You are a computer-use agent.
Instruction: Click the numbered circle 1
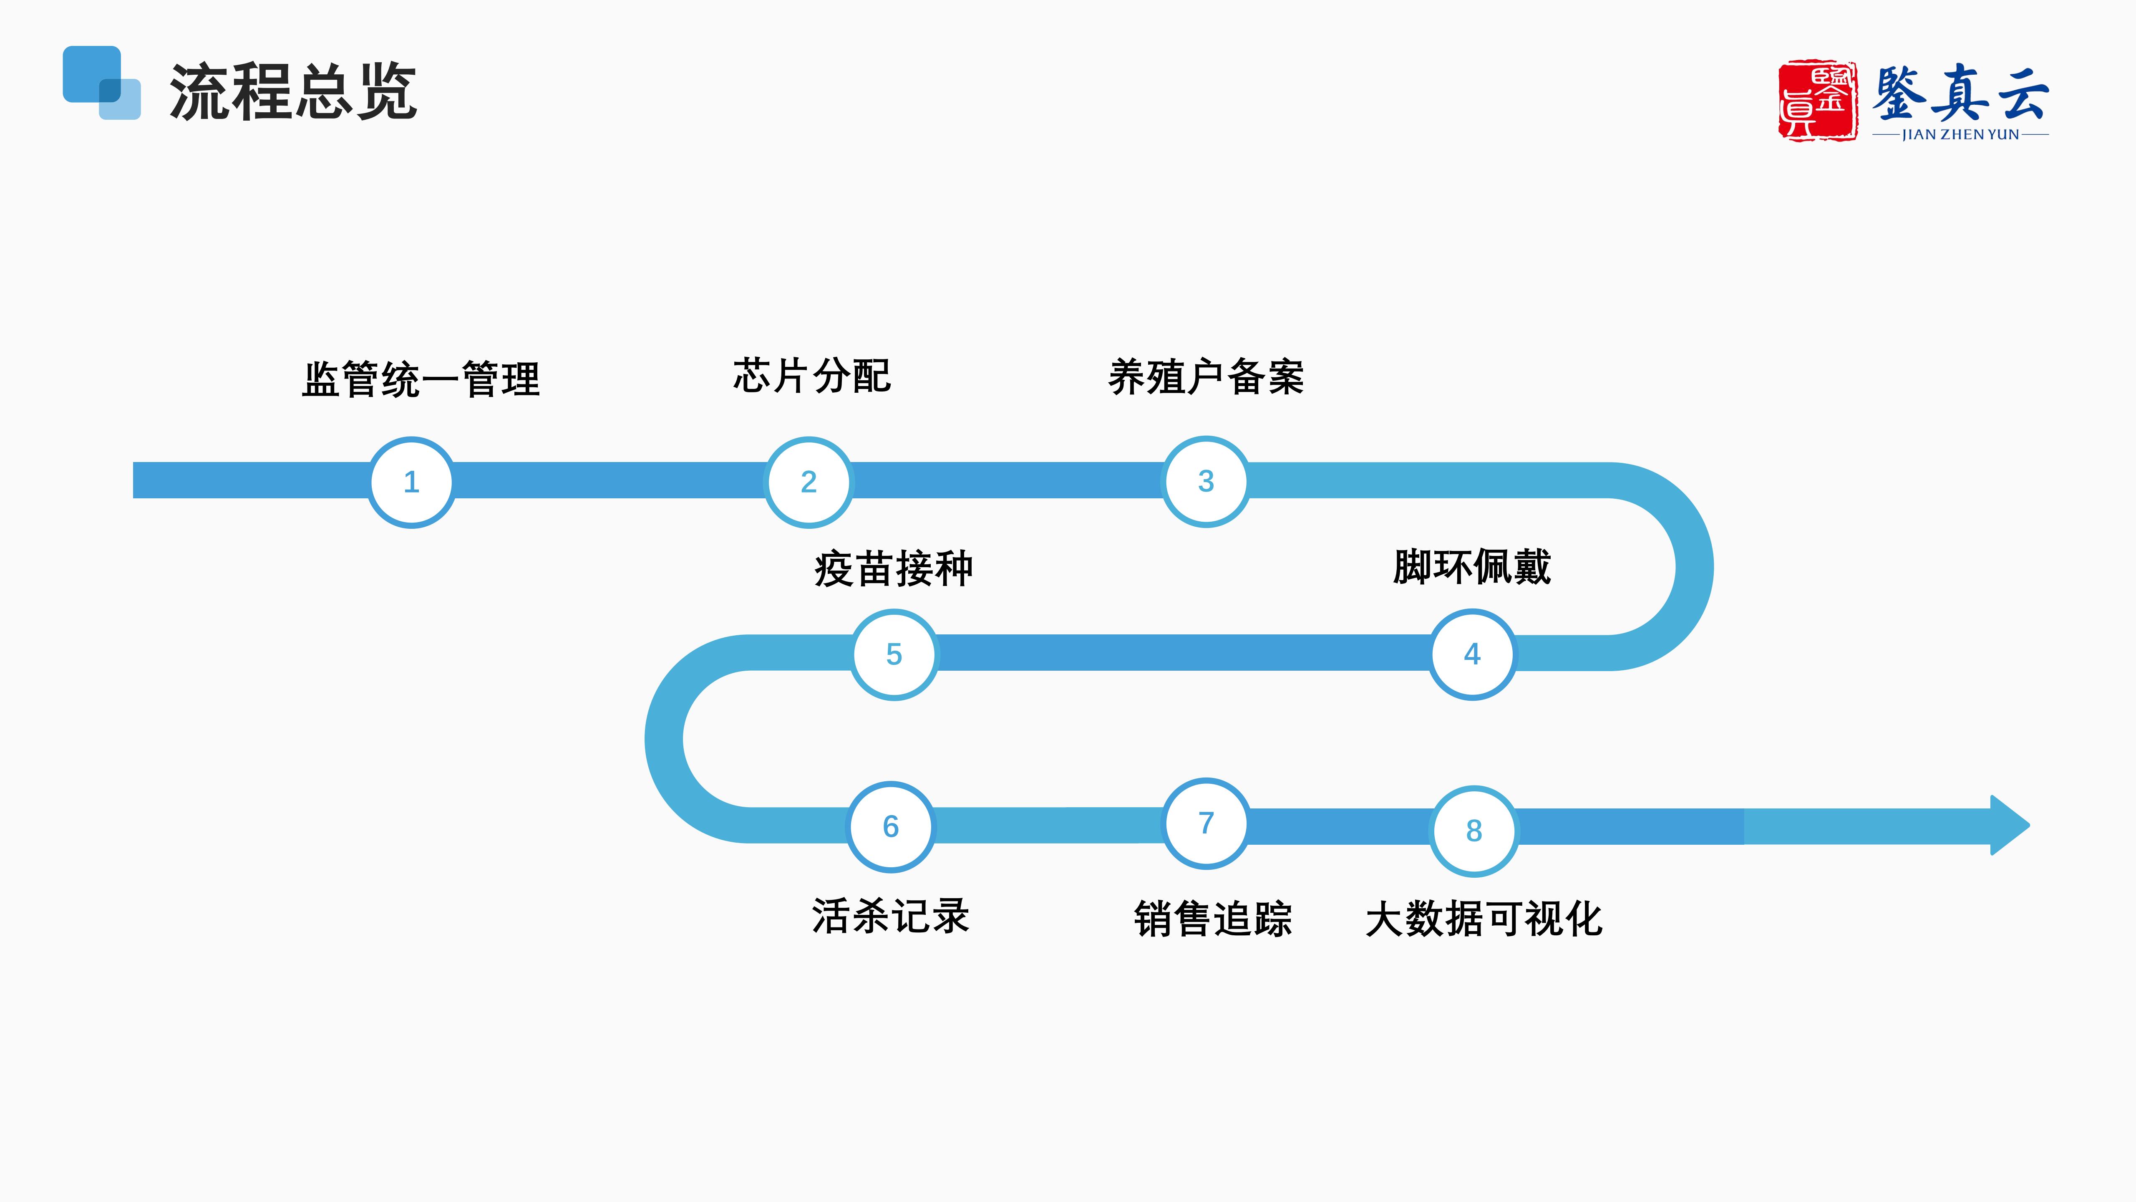pyautogui.click(x=411, y=482)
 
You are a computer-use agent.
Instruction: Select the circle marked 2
pyautogui.click(x=809, y=482)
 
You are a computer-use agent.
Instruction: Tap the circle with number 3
pyautogui.click(x=1206, y=481)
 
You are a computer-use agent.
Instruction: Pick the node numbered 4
pyautogui.click(x=1472, y=654)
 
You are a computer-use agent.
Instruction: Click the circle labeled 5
pyautogui.click(x=894, y=654)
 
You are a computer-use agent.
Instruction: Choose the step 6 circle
pyautogui.click(x=891, y=826)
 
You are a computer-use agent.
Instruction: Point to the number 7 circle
pyautogui.click(x=1206, y=823)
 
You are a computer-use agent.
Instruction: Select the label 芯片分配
pyautogui.click(x=812, y=376)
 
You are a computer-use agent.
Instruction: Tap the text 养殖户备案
pyautogui.click(x=1206, y=377)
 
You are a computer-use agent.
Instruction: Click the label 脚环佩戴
pyautogui.click(x=1472, y=568)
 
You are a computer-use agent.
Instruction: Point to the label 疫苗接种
pyautogui.click(x=894, y=569)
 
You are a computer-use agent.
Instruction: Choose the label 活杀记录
pyautogui.click(x=891, y=917)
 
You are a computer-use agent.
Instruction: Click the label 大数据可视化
pyautogui.click(x=1484, y=919)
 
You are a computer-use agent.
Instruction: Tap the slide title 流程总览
pyautogui.click(x=293, y=92)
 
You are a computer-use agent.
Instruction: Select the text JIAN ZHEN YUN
pyautogui.click(x=1960, y=134)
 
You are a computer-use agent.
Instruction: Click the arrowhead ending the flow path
pyautogui.click(x=2010, y=826)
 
